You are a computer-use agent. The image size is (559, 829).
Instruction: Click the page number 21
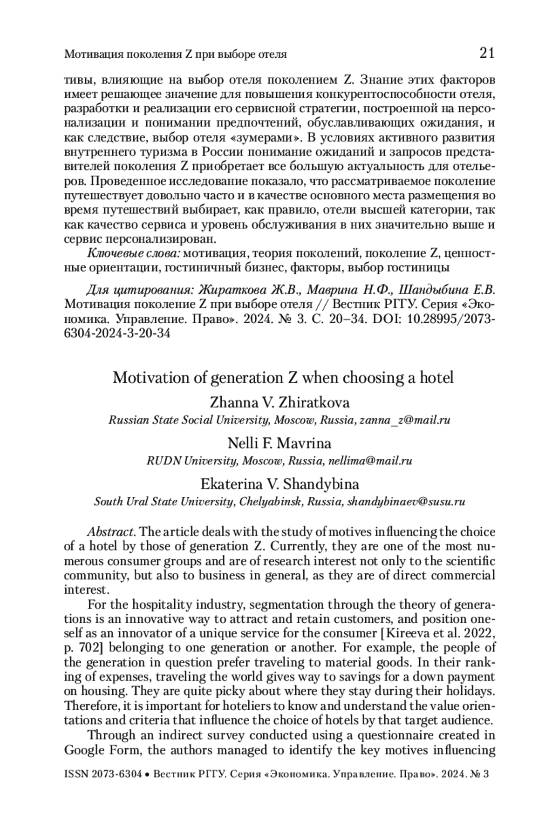coord(486,53)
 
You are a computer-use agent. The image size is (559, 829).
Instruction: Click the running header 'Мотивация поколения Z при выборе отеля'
coord(175,54)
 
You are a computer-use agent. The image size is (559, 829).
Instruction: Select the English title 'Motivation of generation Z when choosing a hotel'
coord(283,378)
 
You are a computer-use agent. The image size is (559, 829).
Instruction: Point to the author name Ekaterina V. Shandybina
coord(279,484)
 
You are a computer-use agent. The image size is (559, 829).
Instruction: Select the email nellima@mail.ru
coord(370,461)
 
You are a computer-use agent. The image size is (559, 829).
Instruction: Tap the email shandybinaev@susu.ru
coord(406,502)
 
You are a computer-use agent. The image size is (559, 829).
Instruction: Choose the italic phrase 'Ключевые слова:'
coord(134,254)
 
